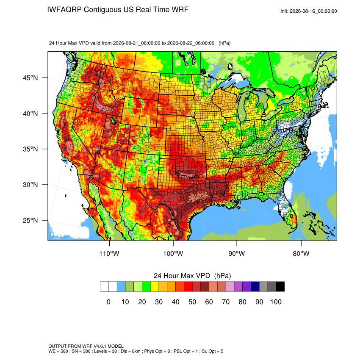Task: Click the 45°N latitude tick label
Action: point(30,78)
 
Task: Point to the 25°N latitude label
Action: point(30,220)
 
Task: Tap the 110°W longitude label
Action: point(109,253)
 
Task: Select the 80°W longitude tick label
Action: point(301,253)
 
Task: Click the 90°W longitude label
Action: point(236,253)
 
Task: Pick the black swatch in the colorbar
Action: point(280,287)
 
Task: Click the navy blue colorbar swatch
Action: point(255,287)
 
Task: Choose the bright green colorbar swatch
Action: point(146,287)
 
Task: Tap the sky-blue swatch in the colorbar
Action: point(121,287)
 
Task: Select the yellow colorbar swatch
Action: point(155,287)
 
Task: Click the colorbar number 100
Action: point(276,302)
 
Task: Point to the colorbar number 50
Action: point(192,302)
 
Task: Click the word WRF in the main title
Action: point(180,10)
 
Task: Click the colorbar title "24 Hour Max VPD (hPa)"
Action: point(192,276)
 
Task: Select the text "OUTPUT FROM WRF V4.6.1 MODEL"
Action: point(86,346)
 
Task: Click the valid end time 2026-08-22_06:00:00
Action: point(191,43)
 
